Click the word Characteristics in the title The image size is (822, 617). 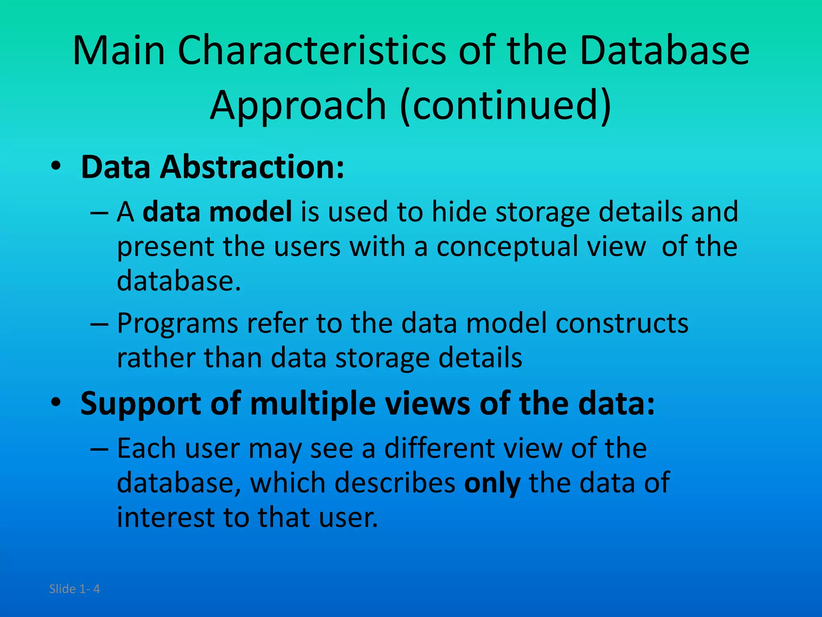pyautogui.click(x=312, y=51)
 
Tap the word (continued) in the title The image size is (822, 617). pyautogui.click(x=506, y=105)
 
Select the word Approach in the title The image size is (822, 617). pyautogui.click(x=298, y=105)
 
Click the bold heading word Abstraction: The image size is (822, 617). pyautogui.click(x=252, y=167)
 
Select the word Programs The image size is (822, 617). pyautogui.click(x=177, y=323)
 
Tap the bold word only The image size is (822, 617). pyautogui.click(x=492, y=483)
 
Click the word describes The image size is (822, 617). pyautogui.click(x=395, y=483)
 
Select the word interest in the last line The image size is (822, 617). pyautogui.click(x=165, y=517)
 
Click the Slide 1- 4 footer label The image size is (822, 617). pyautogui.click(x=75, y=589)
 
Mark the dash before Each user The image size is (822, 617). pyautogui.click(x=99, y=448)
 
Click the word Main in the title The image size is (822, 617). pyautogui.click(x=119, y=51)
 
